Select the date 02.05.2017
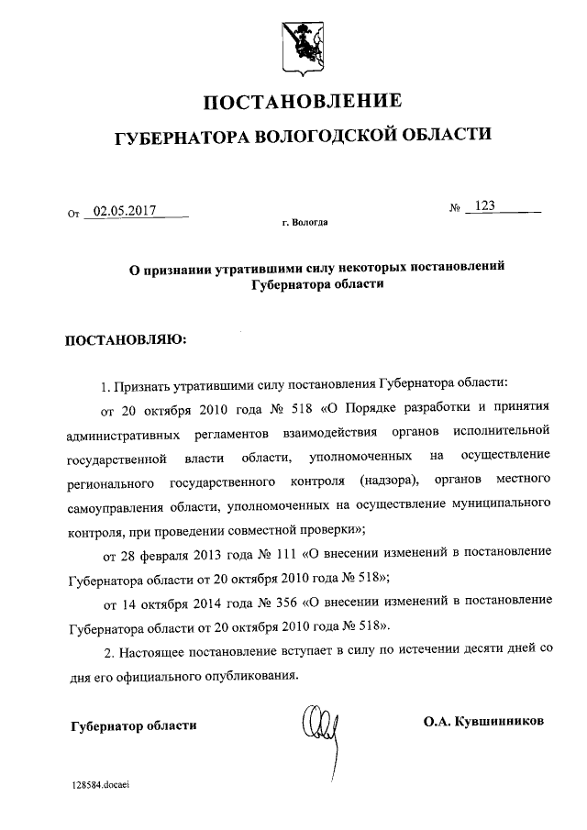tap(126, 211)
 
